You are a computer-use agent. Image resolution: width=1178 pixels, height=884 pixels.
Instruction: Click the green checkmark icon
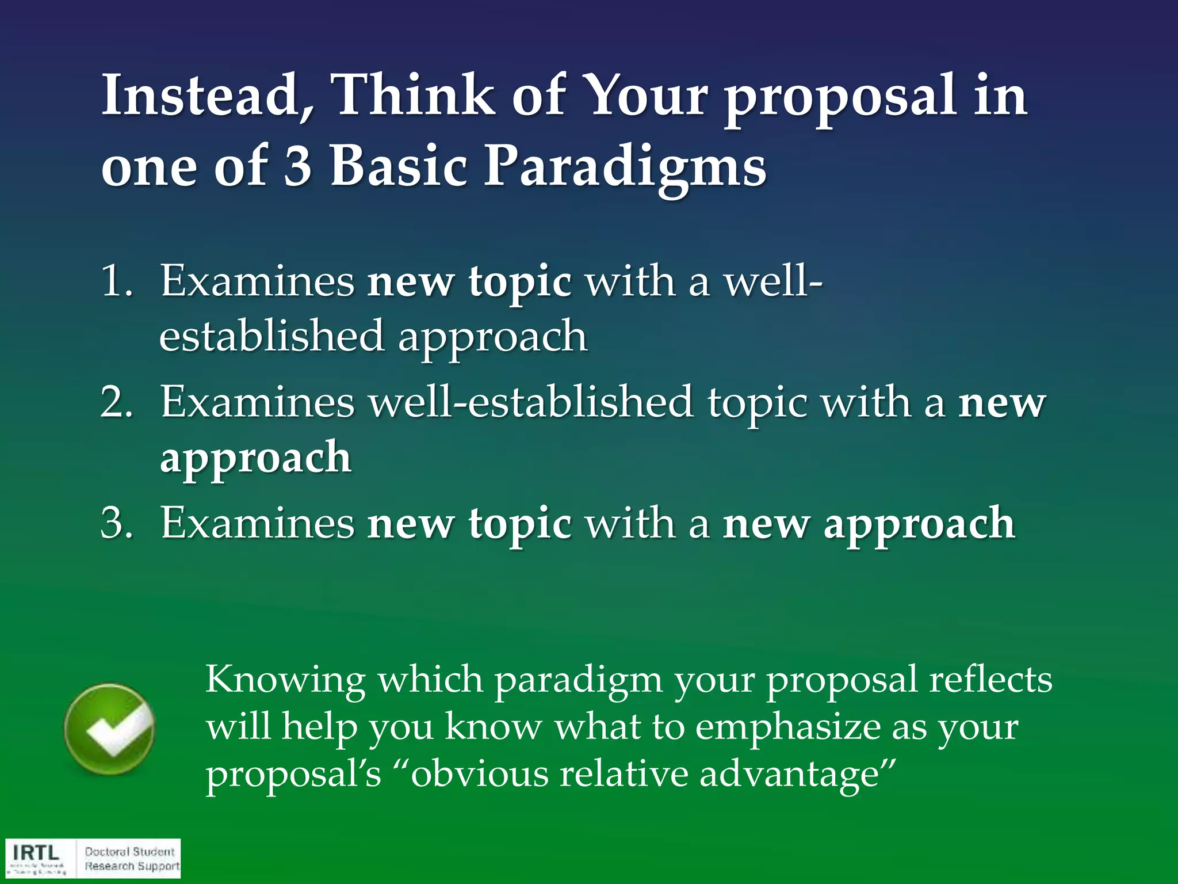point(109,729)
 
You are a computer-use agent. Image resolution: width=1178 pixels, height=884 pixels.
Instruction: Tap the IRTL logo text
point(36,852)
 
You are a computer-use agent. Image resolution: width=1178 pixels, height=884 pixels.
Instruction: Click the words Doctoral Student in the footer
point(129,851)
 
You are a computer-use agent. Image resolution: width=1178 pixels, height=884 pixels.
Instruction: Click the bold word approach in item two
point(255,458)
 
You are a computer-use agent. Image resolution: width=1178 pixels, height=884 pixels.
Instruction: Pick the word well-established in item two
point(530,402)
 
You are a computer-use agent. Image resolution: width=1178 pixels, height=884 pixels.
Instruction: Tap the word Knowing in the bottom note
point(285,679)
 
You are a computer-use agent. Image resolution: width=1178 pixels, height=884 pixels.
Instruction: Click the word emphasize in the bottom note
point(788,726)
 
